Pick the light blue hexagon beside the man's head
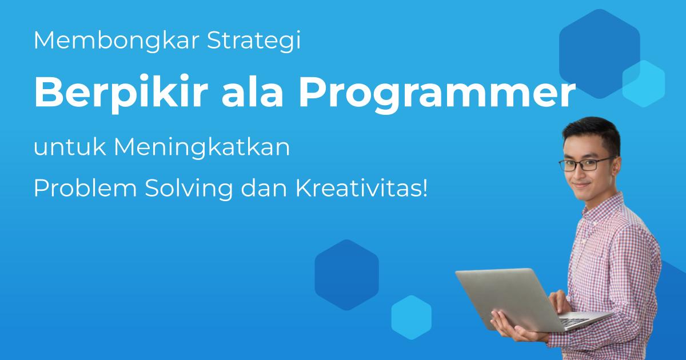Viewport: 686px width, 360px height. coord(644,83)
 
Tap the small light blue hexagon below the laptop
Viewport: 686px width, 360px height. coord(411,318)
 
